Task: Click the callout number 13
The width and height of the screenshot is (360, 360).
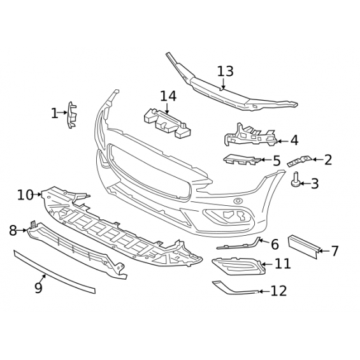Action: click(x=225, y=71)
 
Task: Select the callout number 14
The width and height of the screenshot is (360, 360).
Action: click(x=168, y=96)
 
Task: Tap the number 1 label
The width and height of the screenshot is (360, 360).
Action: click(x=54, y=113)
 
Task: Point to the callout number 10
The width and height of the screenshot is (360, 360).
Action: click(x=25, y=195)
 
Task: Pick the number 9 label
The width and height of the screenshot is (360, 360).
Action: click(x=39, y=287)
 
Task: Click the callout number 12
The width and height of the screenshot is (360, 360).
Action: click(x=278, y=291)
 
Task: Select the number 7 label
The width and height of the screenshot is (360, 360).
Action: click(x=335, y=250)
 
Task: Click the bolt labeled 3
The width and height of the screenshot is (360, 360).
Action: click(x=296, y=180)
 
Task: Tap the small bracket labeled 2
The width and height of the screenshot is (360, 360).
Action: click(x=299, y=161)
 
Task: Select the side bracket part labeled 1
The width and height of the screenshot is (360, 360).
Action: click(x=71, y=115)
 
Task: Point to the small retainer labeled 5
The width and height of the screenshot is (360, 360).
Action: click(x=241, y=159)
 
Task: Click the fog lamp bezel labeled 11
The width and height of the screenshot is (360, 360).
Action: click(x=239, y=266)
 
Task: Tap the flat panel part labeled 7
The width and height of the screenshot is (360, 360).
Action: click(x=303, y=247)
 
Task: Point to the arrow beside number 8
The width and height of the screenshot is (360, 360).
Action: click(x=22, y=230)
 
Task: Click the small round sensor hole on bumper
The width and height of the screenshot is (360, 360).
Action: click(x=238, y=201)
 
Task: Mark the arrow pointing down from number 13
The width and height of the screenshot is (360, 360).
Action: click(x=224, y=83)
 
